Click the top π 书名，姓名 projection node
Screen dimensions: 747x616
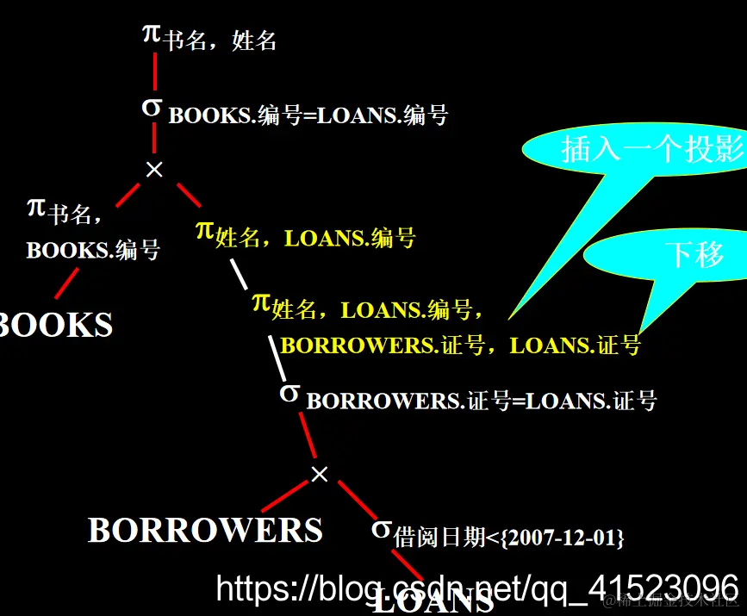pos(209,37)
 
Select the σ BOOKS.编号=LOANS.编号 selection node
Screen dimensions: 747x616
pos(294,112)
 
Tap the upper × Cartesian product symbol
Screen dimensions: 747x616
pos(154,170)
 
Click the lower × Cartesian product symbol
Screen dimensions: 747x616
pos(319,474)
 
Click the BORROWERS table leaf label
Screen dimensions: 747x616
pos(205,530)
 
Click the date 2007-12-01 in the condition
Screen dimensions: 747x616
pos(563,538)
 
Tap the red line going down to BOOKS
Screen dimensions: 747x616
pos(67,283)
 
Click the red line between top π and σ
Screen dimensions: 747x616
pos(155,72)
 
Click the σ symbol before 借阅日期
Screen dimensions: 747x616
pos(382,528)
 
